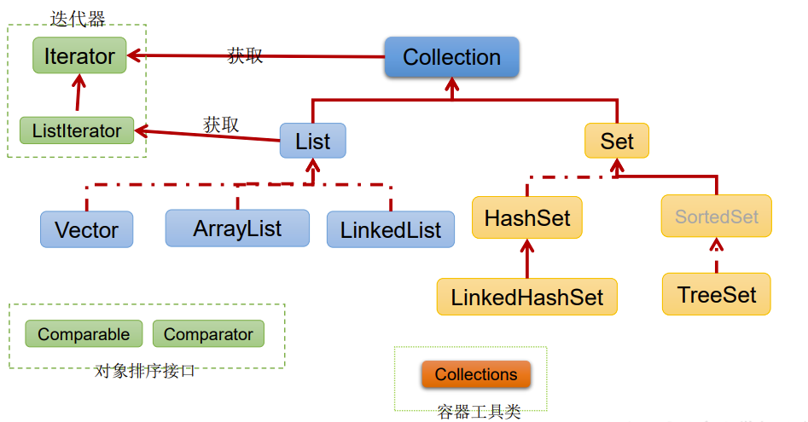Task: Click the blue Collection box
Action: coord(452,57)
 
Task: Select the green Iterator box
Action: coord(79,55)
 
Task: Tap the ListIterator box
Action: coord(77,130)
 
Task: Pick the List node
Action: coord(313,141)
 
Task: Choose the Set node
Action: coord(617,141)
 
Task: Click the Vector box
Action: coord(86,229)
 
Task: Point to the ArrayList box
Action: coord(237,228)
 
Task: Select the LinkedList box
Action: coord(391,229)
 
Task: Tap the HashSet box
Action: coord(527,217)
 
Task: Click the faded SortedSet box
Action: coord(716,217)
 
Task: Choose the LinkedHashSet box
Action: coord(526,297)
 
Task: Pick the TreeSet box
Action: coord(716,294)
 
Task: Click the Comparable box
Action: coord(84,334)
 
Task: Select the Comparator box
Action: coord(209,334)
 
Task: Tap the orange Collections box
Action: coord(476,374)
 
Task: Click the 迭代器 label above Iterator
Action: coord(78,19)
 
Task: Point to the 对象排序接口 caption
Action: coord(145,371)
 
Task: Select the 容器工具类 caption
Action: coord(480,412)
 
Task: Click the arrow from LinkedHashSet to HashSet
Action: coord(527,258)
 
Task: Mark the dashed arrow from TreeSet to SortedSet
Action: coord(716,255)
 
